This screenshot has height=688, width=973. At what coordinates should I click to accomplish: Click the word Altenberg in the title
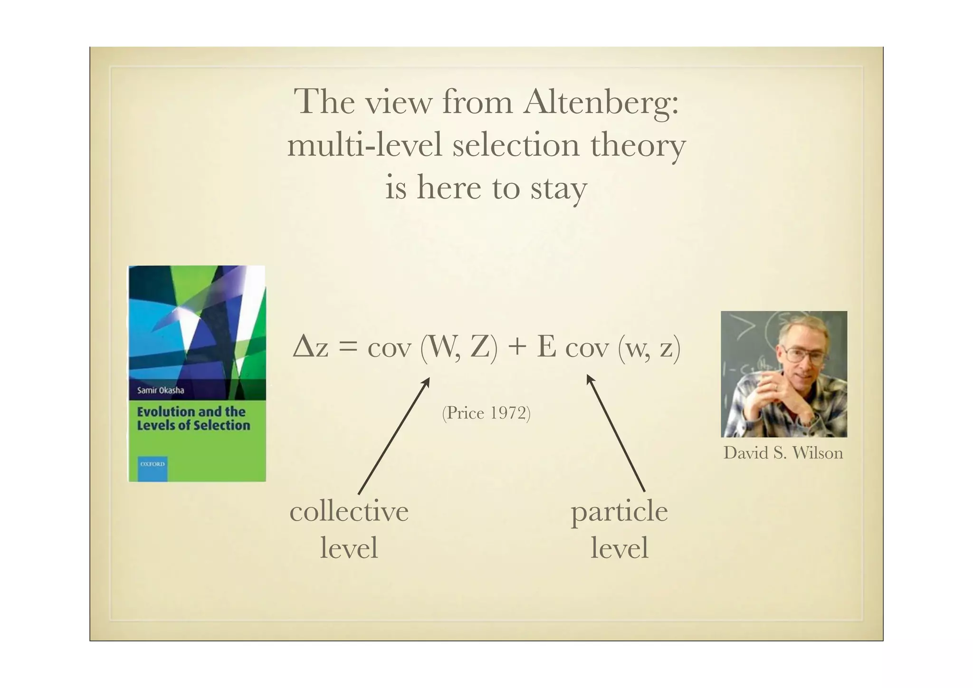[601, 102]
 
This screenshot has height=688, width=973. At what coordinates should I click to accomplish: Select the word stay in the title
[559, 188]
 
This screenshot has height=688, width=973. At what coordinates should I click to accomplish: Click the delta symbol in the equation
[303, 347]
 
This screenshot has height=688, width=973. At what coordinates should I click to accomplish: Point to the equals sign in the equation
[347, 347]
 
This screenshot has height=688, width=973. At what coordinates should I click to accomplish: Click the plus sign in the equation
[517, 347]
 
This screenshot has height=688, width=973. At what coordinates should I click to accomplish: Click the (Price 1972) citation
[486, 413]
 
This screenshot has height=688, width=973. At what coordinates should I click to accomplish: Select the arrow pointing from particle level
[615, 432]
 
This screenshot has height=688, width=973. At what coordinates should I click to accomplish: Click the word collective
[349, 512]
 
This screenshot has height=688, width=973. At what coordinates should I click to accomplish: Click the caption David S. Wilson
[783, 453]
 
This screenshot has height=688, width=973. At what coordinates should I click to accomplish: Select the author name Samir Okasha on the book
[161, 391]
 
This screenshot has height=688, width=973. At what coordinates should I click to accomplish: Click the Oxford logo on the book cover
[153, 464]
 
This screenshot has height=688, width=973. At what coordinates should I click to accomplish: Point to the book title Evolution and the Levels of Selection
[193, 419]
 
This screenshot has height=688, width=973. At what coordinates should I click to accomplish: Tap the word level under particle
[619, 548]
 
